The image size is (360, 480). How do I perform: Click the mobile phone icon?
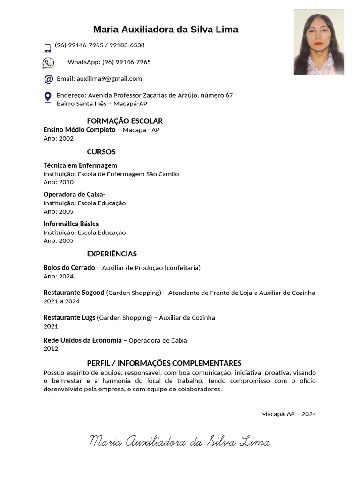48,48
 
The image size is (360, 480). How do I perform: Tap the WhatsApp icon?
48,63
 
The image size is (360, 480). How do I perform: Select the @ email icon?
48,79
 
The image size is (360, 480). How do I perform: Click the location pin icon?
48,97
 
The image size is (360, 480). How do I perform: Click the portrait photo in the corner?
319,42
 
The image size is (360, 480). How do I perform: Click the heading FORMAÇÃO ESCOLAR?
125,121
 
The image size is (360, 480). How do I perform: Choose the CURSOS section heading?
101,152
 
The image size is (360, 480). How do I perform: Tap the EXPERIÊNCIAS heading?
112,254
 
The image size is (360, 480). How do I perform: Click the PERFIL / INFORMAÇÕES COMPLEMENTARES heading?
164,363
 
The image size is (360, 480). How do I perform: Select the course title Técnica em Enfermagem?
80,165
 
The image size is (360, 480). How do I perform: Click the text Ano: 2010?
59,182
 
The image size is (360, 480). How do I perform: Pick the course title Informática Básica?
71,224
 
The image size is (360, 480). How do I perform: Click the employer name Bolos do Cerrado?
69,268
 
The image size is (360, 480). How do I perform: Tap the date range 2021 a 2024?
61,301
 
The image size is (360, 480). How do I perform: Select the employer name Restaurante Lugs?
69,318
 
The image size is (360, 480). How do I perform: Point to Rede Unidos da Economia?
82,340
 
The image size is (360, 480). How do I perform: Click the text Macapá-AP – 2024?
288,414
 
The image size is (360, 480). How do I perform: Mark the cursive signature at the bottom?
180,442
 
